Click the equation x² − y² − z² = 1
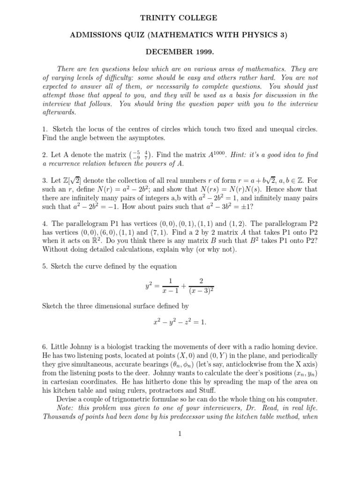[x=180, y=323]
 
